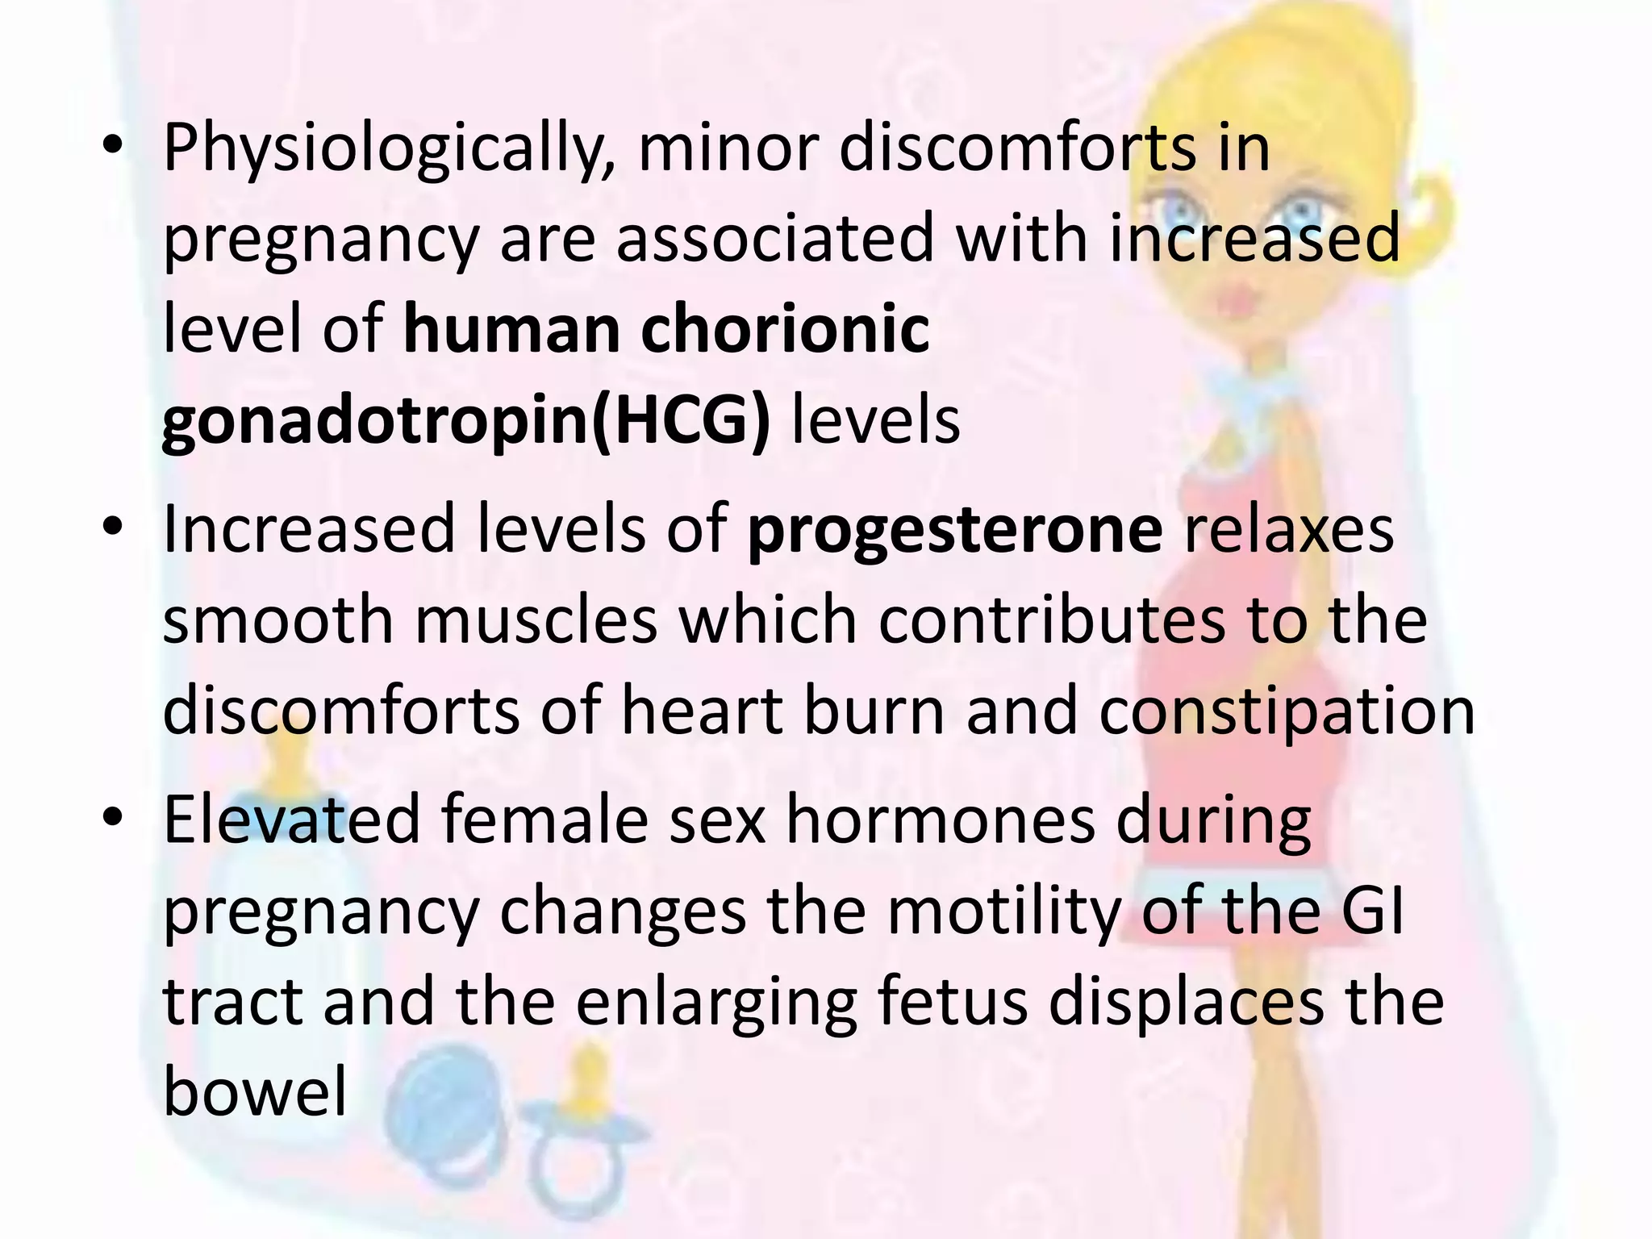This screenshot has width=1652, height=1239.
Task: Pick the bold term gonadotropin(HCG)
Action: click(x=466, y=421)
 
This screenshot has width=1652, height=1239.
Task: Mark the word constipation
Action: click(x=1287, y=711)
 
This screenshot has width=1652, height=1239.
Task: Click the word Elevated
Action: click(x=292, y=820)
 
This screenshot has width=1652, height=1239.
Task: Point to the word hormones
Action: click(x=941, y=820)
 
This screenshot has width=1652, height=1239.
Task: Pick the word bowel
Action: click(x=255, y=1092)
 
